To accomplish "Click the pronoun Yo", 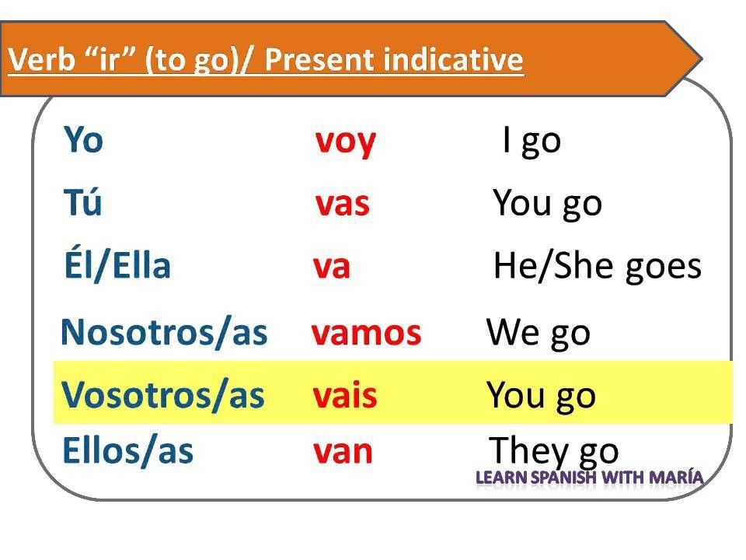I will pos(83,141).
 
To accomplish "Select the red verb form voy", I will pos(346,142).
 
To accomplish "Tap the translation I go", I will pos(532,142).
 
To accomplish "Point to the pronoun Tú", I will pos(82,203).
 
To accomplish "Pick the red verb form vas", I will pos(343,204).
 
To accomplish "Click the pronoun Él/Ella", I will pos(117,266).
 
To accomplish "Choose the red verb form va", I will pos(332,267).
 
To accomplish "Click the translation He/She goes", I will pos(597,267).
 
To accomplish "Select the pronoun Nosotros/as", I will pos(163,332).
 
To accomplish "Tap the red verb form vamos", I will pos(366,333).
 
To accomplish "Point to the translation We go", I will pos(538,333).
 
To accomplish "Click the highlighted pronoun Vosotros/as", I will pos(163,395).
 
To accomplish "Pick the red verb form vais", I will pos(345,396).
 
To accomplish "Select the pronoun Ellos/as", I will pos(127,451).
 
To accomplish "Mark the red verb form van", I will pos(343,452).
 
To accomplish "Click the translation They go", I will pos(554,451).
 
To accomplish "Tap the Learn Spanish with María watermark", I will pos(589,477).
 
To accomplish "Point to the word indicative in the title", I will pos(458,60).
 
